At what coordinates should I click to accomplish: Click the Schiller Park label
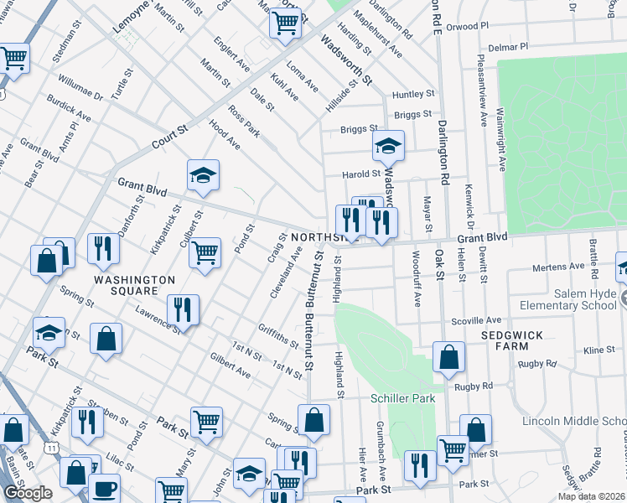tap(404, 397)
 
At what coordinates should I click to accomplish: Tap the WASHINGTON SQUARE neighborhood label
tap(134, 285)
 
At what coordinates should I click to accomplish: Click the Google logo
tap(27, 493)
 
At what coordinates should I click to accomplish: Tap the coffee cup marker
tap(104, 488)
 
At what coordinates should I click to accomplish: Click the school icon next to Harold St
tap(388, 146)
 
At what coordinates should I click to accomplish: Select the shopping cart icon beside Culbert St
tap(205, 251)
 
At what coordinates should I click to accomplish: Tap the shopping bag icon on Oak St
tap(449, 356)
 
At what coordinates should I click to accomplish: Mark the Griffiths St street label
tap(278, 336)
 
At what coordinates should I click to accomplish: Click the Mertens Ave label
tap(559, 267)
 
